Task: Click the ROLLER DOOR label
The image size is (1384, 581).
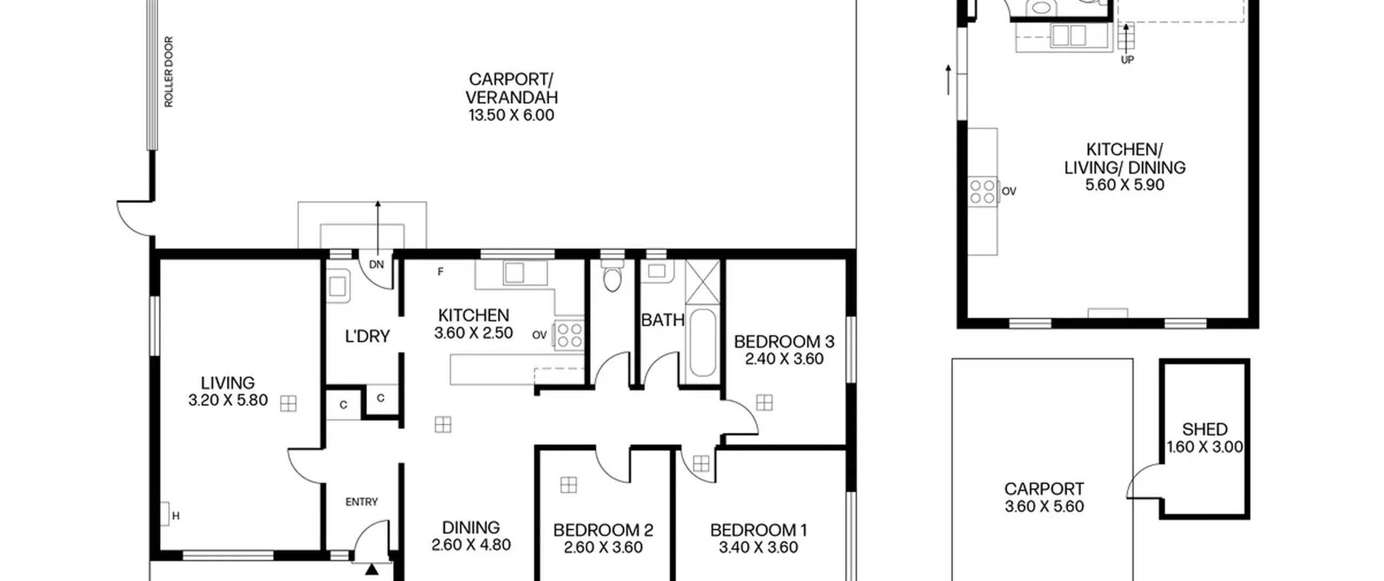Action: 169,72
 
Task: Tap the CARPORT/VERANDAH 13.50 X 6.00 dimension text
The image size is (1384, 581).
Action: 511,115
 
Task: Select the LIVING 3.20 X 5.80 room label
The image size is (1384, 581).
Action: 228,391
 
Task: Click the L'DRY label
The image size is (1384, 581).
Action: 368,336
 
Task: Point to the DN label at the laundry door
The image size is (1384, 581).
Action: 376,264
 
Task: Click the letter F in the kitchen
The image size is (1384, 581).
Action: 441,272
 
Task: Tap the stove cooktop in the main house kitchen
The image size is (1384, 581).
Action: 569,335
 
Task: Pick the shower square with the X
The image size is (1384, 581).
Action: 703,282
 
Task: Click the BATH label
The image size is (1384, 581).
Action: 663,320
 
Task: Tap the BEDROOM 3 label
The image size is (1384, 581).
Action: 784,342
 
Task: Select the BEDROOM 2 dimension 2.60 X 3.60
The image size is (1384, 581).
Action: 603,547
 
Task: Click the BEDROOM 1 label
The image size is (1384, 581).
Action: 758,530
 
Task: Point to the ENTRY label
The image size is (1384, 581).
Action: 362,502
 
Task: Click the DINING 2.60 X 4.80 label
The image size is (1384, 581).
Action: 471,536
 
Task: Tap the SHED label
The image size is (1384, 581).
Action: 1205,429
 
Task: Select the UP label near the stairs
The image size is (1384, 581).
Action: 1127,60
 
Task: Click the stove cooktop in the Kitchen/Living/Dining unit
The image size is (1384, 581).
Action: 982,191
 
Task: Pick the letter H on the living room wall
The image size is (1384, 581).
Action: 176,516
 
